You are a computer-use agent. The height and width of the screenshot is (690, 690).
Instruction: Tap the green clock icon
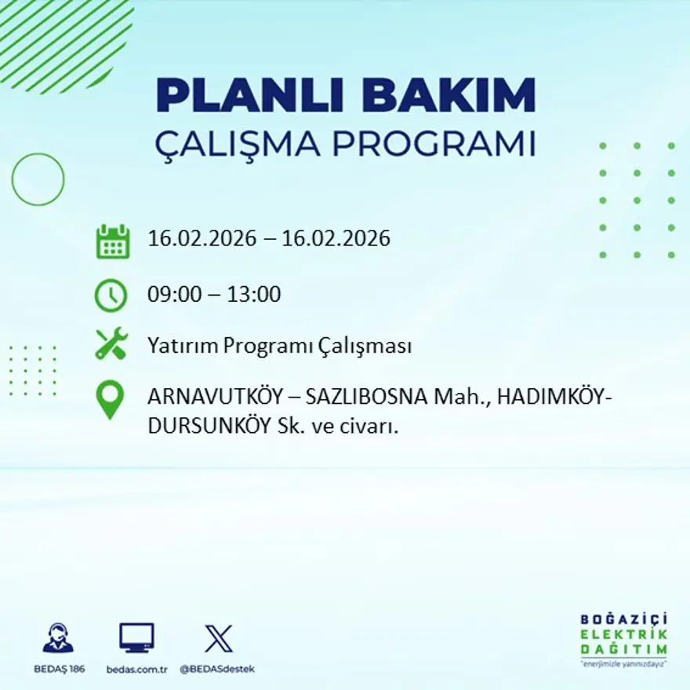pyautogui.click(x=111, y=296)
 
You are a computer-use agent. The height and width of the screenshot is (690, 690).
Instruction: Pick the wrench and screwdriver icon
pyautogui.click(x=111, y=345)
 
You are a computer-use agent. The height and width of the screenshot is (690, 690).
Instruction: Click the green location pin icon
pyautogui.click(x=110, y=399)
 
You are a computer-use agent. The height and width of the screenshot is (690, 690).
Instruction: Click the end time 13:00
pyautogui.click(x=253, y=295)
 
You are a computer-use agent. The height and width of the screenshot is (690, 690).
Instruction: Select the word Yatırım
pyautogui.click(x=177, y=346)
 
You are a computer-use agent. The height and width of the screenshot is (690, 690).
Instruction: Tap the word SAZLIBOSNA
pyautogui.click(x=365, y=398)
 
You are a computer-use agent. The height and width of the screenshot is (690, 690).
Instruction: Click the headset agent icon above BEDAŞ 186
pyautogui.click(x=58, y=638)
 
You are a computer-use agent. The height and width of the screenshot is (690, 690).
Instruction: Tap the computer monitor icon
pyautogui.click(x=136, y=637)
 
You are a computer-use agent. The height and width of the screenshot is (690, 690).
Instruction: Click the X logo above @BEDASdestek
pyautogui.click(x=218, y=637)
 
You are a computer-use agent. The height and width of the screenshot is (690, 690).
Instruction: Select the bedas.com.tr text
pyautogui.click(x=136, y=669)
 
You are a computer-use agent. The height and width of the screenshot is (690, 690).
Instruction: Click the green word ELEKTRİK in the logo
pyautogui.click(x=623, y=634)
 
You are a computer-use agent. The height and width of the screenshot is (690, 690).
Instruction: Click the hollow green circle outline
pyautogui.click(x=38, y=180)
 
